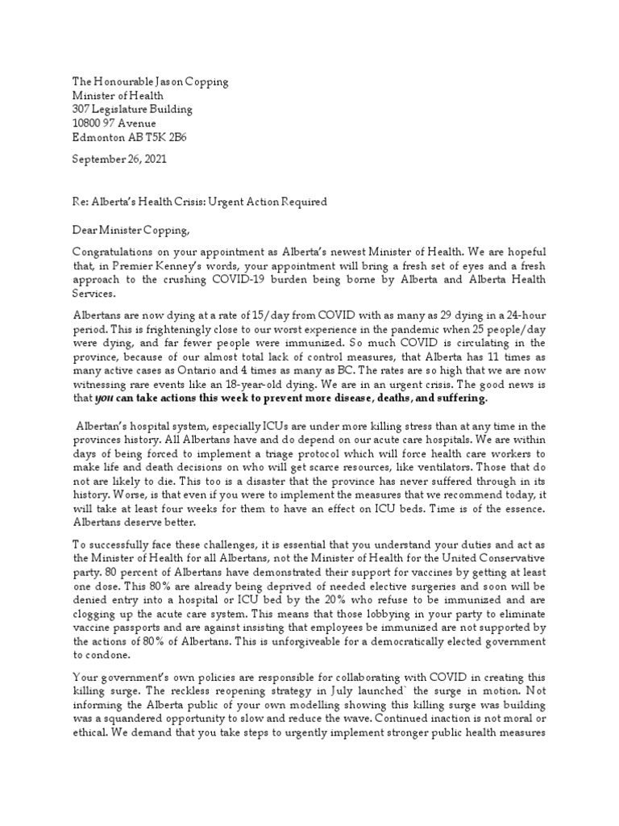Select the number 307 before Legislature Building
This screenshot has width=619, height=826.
tap(82, 109)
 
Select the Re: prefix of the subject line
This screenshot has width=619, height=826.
tap(81, 201)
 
